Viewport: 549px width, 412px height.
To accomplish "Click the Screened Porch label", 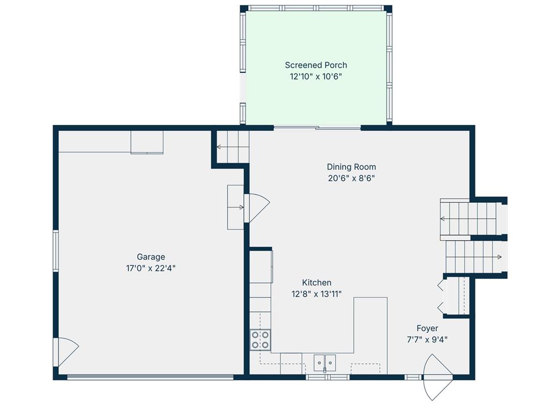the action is pos(316,65).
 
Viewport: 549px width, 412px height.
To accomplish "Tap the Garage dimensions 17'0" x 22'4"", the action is pos(151,268).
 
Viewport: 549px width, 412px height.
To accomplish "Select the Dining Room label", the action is pos(351,167).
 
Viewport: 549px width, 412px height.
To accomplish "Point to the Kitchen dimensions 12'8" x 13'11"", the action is pos(316,294).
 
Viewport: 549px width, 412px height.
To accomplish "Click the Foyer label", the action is pos(427,328).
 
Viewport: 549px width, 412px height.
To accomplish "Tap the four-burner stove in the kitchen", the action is pos(260,340).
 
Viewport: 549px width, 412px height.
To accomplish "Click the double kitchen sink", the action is pos(324,363).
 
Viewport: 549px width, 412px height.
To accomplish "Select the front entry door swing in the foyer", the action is pos(437,377).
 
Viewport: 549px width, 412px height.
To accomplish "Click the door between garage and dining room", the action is pos(257,208).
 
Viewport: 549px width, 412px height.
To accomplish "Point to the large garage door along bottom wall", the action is pos(150,377).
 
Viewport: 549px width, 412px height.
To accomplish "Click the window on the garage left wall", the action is pos(56,251).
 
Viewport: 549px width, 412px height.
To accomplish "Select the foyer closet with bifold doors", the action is pos(455,296).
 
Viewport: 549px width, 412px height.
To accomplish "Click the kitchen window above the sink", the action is pos(328,377).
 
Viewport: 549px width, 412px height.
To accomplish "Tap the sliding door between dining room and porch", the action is pos(317,128).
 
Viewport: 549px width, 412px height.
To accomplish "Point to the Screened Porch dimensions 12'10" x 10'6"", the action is pos(316,77).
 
